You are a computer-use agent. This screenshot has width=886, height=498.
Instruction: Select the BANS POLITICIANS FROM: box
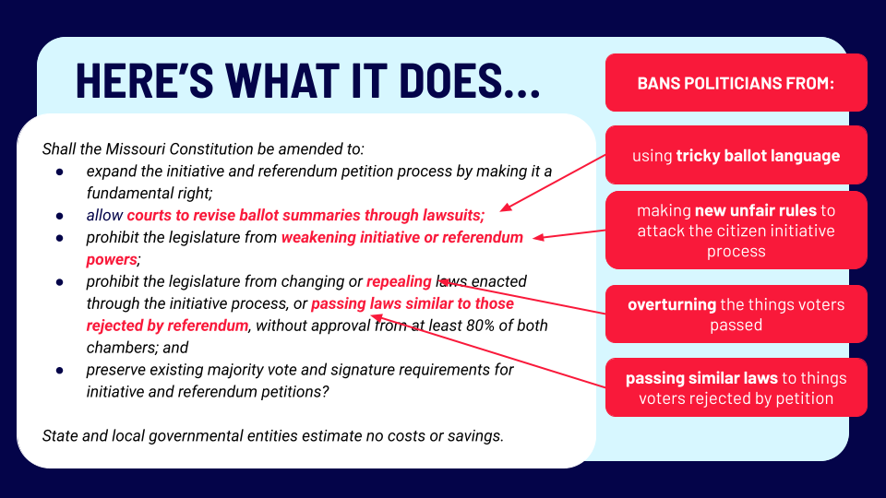coord(736,83)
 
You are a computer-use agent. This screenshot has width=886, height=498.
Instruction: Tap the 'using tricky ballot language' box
coord(736,155)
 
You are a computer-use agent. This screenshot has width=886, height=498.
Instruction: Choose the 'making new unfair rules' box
coord(736,231)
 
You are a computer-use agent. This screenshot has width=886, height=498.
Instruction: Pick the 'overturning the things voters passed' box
coord(736,314)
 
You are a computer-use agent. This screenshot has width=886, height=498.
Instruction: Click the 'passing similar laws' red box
coord(736,387)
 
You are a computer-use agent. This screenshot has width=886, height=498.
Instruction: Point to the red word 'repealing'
coord(399,281)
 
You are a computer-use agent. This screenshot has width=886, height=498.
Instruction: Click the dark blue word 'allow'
coord(104,215)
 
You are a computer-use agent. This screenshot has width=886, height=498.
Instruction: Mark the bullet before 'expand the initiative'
coord(60,172)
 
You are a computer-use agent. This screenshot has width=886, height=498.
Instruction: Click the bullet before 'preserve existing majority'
coord(60,370)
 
